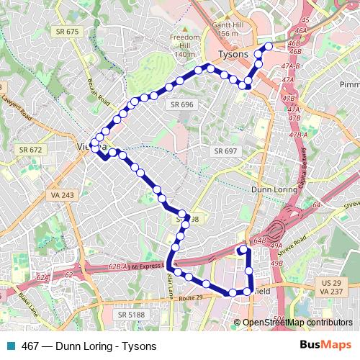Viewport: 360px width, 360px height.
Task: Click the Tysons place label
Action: point(232,55)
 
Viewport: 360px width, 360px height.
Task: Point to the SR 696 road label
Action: point(182,104)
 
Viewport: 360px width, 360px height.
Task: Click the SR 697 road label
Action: point(225,150)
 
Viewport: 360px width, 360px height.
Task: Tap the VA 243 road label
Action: point(62,195)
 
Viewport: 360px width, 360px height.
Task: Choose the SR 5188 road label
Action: point(132,314)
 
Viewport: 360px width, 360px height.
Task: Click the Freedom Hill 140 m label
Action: point(184,45)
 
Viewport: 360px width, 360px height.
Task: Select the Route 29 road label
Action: point(193,297)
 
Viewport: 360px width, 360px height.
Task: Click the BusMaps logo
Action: point(325,346)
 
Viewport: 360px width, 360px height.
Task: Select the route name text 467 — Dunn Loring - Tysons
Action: point(89,346)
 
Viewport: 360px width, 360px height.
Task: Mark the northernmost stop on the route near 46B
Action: point(269,46)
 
